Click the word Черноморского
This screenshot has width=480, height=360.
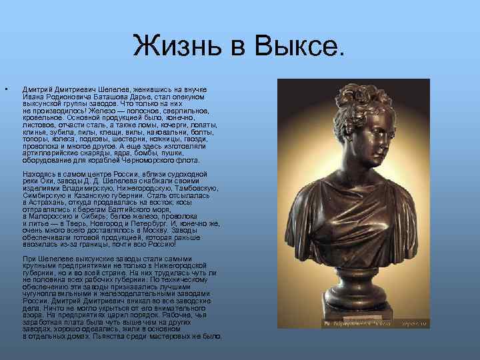[149, 160]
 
